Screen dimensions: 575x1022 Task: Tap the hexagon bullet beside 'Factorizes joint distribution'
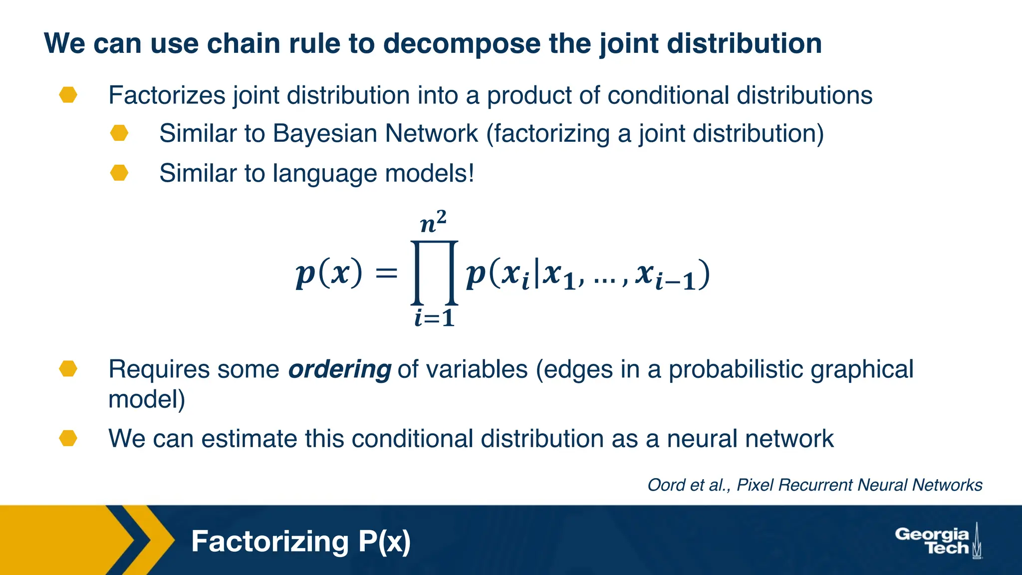[68, 95]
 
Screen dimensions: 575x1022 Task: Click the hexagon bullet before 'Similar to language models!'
[119, 173]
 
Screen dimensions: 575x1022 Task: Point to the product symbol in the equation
[434, 273]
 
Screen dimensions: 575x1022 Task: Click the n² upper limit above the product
[433, 223]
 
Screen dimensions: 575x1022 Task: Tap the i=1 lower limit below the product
[434, 318]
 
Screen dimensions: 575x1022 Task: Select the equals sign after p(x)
[386, 274]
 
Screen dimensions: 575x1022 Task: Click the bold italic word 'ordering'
[339, 370]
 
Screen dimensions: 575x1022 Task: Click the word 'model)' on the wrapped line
[147, 399]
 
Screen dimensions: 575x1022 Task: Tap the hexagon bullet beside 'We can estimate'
[68, 439]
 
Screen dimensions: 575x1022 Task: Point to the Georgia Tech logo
[937, 541]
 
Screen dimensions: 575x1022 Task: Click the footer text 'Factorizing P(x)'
[300, 542]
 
